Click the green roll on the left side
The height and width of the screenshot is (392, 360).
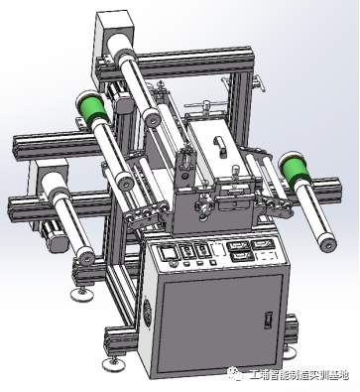(92, 109)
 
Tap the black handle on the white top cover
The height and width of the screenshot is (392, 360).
(220, 146)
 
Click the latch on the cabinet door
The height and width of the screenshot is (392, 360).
(268, 320)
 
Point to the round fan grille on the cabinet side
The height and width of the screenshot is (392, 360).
(147, 315)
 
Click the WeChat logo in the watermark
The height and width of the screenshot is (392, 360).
(236, 373)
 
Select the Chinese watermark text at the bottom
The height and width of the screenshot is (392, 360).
(299, 374)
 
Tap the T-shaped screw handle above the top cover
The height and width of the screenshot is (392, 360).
(205, 105)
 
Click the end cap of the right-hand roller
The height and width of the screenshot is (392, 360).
(328, 244)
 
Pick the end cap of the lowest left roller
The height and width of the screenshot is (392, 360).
(86, 259)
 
